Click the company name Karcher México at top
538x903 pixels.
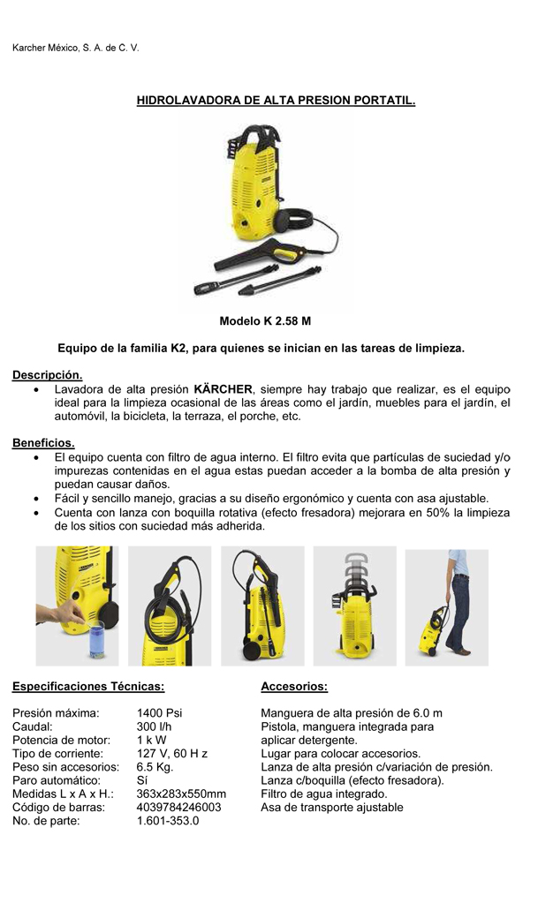[75, 47]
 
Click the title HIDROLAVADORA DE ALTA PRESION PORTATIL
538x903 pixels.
[275, 102]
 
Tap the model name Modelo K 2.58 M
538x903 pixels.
[265, 321]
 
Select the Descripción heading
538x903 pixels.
[47, 375]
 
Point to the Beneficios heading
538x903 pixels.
[43, 442]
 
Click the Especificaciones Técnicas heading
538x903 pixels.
[88, 686]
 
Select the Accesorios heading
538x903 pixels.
[294, 686]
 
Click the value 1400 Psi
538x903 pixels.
[160, 713]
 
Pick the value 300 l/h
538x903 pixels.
[155, 726]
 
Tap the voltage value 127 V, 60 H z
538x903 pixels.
[172, 754]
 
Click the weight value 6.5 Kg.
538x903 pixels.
[155, 767]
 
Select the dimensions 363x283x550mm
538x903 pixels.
[181, 794]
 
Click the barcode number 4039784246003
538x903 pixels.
[179, 807]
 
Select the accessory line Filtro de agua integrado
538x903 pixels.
[324, 794]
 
